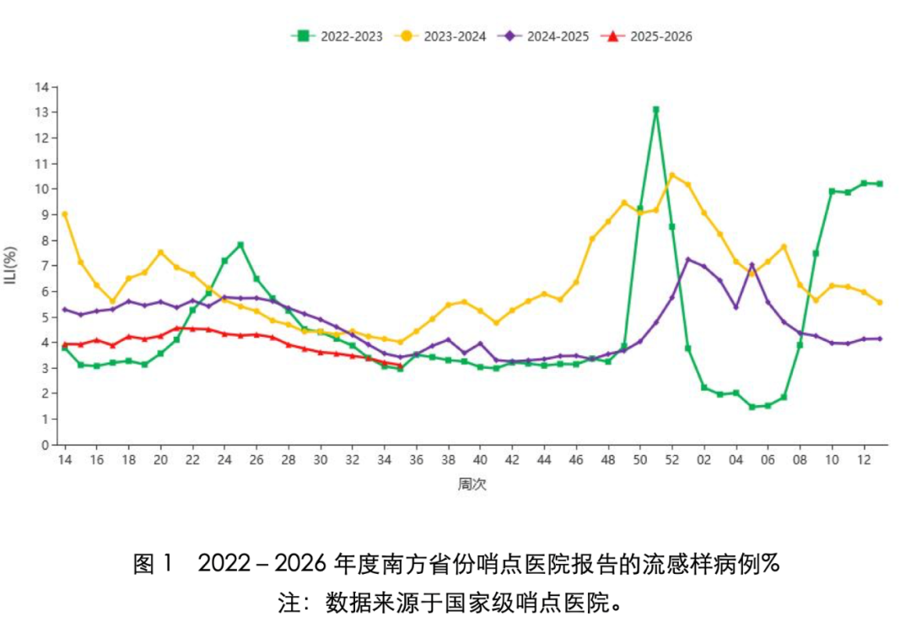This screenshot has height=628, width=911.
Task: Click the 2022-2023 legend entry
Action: tap(337, 36)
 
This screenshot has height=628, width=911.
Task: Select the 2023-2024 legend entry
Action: tap(440, 36)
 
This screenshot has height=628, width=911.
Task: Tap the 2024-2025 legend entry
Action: tap(543, 36)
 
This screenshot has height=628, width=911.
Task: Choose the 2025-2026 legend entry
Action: tap(647, 36)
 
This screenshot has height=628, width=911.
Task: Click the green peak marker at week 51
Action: tap(656, 110)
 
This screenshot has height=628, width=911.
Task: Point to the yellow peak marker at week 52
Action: tap(672, 175)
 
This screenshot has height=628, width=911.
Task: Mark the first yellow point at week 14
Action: tap(64, 214)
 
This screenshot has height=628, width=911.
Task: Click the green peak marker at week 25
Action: tap(240, 245)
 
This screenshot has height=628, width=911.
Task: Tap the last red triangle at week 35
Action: tap(401, 365)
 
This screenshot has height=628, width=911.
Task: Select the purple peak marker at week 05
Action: tap(752, 265)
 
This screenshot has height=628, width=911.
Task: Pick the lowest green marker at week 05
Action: tap(752, 407)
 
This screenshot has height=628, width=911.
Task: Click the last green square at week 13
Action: tap(880, 184)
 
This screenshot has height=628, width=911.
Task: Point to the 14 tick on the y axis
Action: tap(42, 87)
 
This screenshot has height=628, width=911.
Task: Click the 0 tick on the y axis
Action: tap(46, 446)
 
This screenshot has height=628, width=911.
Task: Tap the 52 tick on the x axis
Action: tap(672, 459)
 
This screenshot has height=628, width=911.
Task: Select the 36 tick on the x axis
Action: tap(416, 459)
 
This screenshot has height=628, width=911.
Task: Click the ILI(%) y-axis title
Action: tap(10, 265)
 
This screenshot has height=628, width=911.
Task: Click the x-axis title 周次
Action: tap(472, 484)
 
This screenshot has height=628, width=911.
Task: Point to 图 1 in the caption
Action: tap(154, 564)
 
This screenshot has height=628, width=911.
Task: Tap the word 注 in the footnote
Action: tap(288, 603)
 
